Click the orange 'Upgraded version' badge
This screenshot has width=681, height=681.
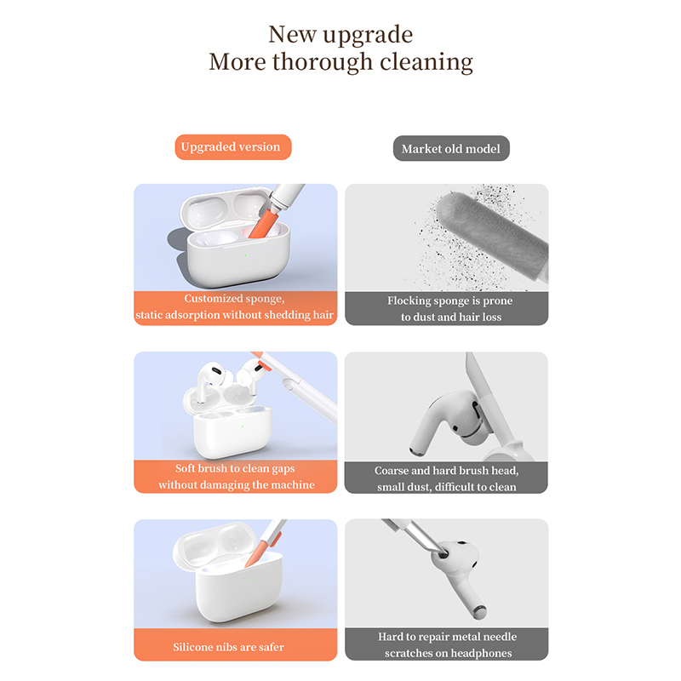[232, 146]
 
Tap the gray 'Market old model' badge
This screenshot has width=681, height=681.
[451, 148]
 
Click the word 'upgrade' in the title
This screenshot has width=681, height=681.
[368, 36]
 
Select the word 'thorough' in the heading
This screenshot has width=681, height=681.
[323, 62]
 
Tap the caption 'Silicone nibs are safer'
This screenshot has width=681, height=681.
[228, 647]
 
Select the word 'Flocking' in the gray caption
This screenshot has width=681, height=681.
[409, 301]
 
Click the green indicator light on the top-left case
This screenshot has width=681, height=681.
[245, 255]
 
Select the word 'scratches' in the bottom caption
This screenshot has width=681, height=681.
[409, 653]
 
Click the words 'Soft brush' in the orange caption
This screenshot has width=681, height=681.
[201, 469]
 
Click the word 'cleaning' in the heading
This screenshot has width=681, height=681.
[426, 63]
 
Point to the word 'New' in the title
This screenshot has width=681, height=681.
[292, 35]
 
